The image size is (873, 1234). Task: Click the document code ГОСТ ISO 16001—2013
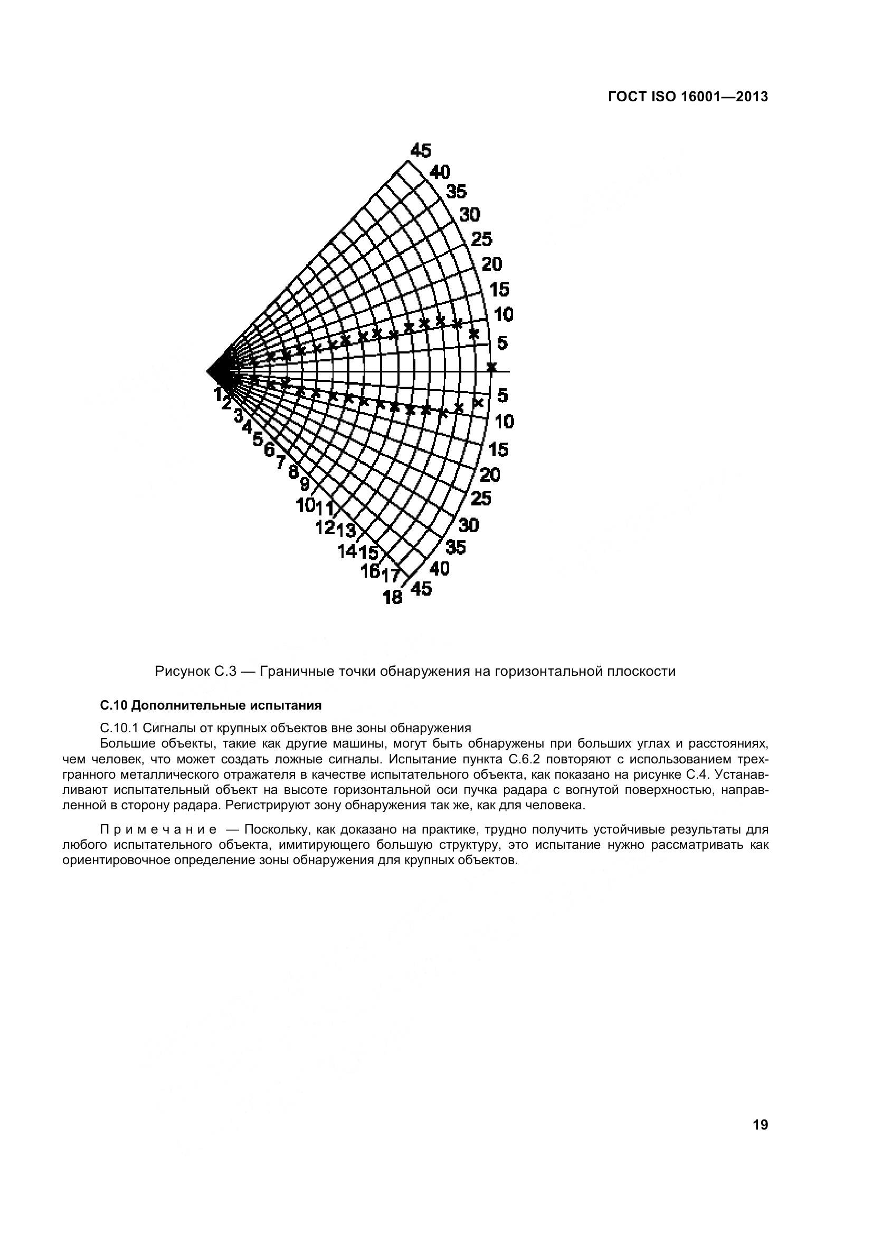point(688,97)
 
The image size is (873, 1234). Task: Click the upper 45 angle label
point(420,151)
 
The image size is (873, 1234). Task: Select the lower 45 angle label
point(420,589)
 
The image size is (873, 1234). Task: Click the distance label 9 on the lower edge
point(305,485)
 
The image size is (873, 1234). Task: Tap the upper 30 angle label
point(470,215)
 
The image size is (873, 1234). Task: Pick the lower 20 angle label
point(490,475)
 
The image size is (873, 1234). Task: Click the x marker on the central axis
point(491,367)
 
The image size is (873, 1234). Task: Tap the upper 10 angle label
point(504,314)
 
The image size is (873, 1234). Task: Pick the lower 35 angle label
point(457,547)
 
